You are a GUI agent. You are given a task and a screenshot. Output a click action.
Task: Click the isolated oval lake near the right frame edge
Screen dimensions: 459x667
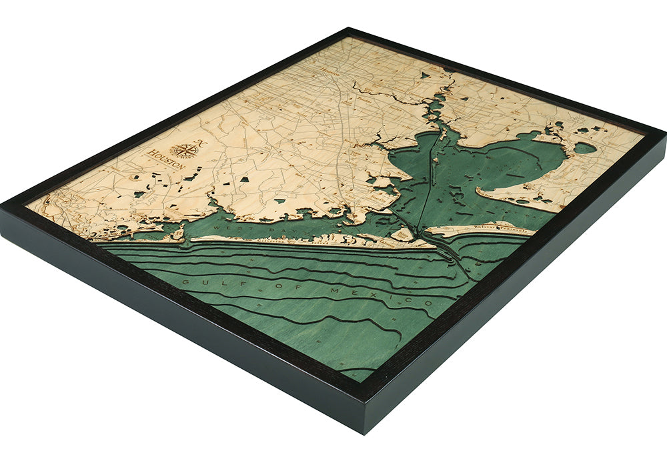tap(585, 147)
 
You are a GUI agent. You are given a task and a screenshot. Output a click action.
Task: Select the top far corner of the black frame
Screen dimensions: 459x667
tap(348, 29)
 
